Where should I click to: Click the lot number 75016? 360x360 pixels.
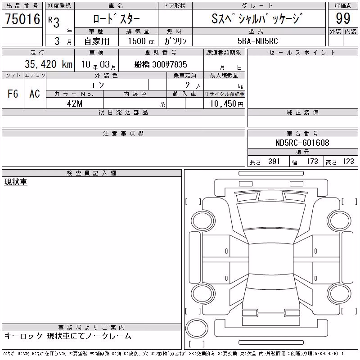pos(22,18)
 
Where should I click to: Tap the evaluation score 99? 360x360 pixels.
pos(343,18)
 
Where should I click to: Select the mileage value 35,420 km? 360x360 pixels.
pos(49,64)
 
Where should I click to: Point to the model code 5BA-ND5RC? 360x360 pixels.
pos(257,41)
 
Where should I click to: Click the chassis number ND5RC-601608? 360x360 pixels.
pos(302,143)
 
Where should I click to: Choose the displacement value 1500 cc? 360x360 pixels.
pos(141,41)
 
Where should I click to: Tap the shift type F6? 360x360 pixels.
pos(13,94)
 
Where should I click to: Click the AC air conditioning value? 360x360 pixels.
pos(35,94)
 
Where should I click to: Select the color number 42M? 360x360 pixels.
pos(75,103)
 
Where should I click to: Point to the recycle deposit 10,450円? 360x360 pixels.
pos(227,104)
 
